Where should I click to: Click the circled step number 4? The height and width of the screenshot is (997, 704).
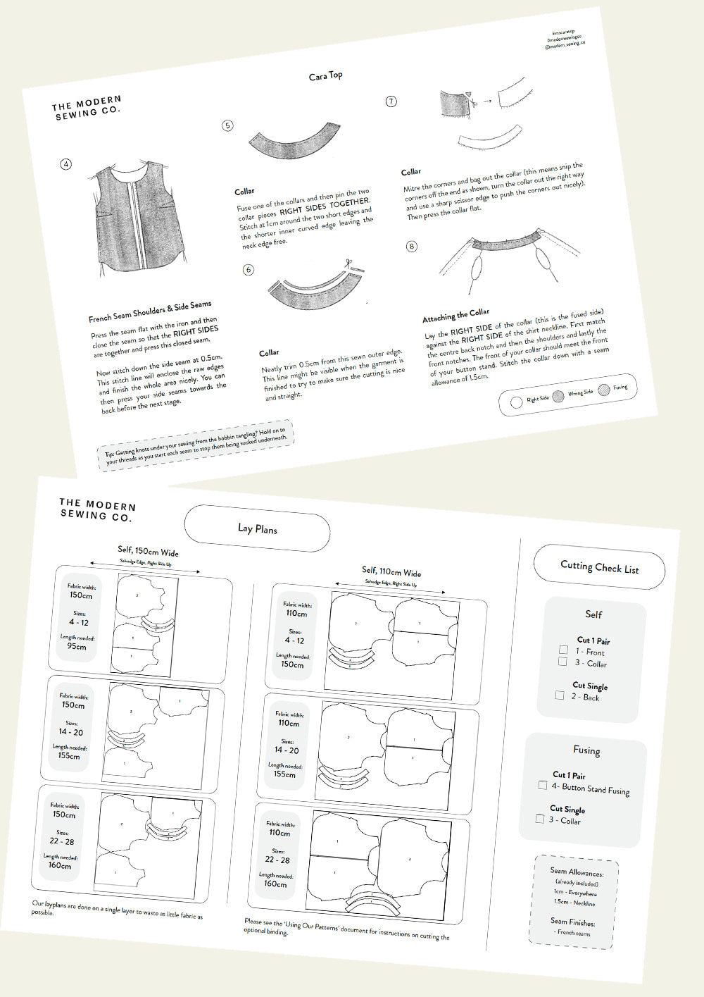(66, 164)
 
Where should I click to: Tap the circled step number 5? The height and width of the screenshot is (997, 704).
(227, 125)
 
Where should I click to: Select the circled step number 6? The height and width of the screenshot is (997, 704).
(248, 270)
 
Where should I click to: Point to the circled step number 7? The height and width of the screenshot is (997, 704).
(391, 101)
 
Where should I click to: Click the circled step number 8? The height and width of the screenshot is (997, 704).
(412, 246)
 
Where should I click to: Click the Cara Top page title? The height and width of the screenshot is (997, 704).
(326, 75)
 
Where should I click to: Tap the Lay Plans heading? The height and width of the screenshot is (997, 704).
(258, 528)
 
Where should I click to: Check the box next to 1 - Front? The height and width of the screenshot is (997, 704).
(563, 650)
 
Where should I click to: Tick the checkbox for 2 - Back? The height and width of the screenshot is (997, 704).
(560, 695)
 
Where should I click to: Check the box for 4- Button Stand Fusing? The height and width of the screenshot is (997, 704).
(542, 784)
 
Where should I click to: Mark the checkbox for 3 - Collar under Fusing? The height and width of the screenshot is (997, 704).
(539, 819)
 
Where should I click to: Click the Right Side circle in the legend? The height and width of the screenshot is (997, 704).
(516, 402)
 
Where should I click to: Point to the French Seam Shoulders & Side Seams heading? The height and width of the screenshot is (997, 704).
(150, 311)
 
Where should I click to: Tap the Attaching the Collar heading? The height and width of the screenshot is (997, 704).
(455, 314)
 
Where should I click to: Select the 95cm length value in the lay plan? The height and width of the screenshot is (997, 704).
(77, 646)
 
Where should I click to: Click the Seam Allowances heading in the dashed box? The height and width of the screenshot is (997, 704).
(577, 872)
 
